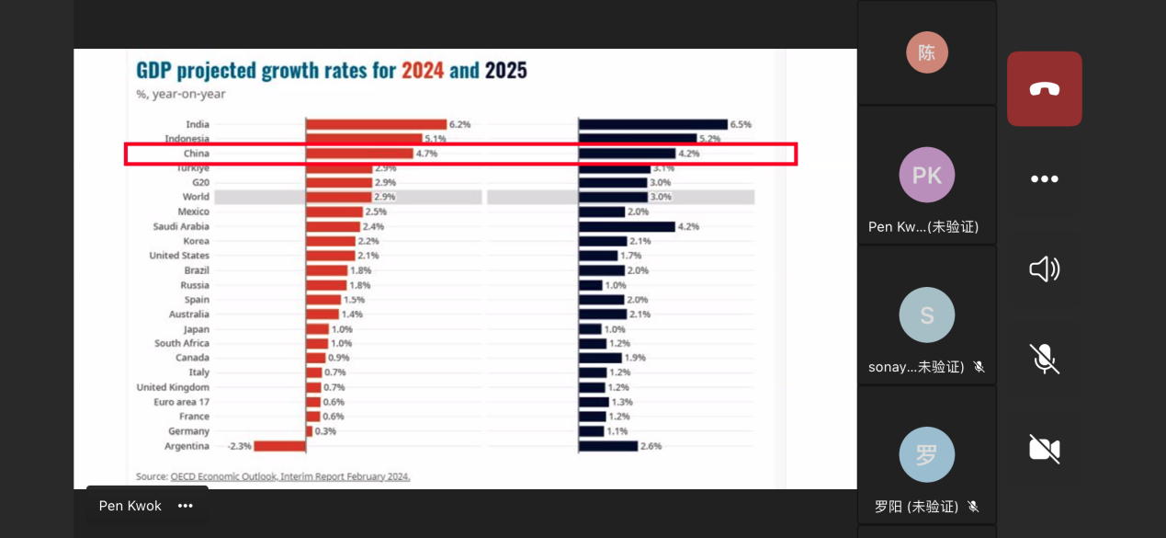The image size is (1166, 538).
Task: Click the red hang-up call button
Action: (x=1044, y=88)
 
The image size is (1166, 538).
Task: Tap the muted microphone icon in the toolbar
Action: (x=1044, y=359)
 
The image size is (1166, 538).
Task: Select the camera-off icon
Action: (x=1044, y=449)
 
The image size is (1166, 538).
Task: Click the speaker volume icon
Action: (x=1044, y=269)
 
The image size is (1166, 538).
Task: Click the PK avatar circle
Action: (x=926, y=175)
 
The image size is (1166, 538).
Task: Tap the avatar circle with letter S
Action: (x=926, y=315)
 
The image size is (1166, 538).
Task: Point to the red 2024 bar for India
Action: (x=376, y=124)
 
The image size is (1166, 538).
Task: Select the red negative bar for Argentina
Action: (x=279, y=446)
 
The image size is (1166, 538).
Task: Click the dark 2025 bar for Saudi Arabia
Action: (x=627, y=226)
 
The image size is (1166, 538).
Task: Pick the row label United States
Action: (x=179, y=256)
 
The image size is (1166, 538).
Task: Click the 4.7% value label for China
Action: (x=426, y=154)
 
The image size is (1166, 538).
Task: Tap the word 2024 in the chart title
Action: (x=423, y=71)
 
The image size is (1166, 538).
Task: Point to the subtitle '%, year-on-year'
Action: (x=181, y=94)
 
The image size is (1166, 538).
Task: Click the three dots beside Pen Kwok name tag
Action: (x=186, y=506)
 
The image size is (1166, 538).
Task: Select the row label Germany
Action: (x=188, y=431)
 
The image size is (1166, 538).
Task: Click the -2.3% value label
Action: (x=239, y=446)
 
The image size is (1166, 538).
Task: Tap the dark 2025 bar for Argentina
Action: (x=608, y=446)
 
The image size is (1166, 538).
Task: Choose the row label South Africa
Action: (x=181, y=343)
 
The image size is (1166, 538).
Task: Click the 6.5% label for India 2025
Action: (x=740, y=124)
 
